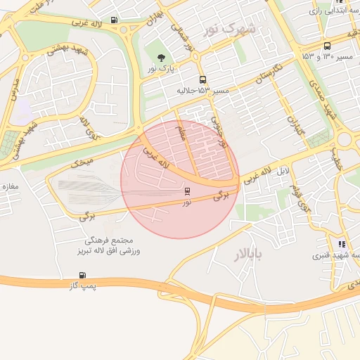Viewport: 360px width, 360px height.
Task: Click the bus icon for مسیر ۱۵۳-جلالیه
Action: (202, 80)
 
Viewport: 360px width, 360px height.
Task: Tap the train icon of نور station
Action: (186, 191)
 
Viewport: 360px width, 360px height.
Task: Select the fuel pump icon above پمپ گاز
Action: (83, 275)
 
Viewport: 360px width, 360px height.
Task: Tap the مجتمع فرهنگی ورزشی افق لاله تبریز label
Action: (108, 245)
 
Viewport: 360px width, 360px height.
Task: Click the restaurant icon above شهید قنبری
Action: (342, 244)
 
